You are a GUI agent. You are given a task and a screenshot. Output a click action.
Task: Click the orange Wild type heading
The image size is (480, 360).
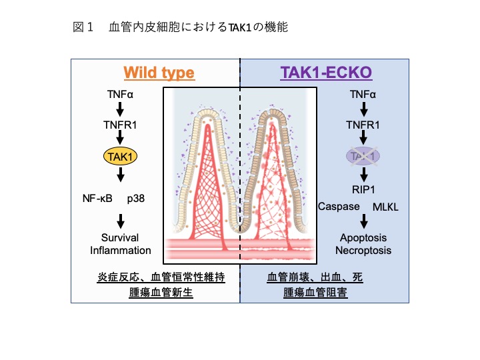coord(159,72)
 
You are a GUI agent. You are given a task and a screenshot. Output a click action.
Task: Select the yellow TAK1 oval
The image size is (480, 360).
coord(120,157)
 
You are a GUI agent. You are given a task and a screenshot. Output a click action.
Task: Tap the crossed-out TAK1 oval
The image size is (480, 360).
coord(363,157)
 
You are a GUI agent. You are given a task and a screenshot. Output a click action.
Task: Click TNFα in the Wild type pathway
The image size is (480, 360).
coord(120,94)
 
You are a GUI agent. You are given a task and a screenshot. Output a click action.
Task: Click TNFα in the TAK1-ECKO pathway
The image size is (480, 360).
coord(363,94)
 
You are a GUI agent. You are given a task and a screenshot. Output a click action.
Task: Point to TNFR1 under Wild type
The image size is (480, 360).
coord(120,125)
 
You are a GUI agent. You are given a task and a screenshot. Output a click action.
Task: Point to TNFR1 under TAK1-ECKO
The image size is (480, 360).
coord(363,125)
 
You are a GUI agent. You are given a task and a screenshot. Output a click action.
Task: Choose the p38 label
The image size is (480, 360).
coord(145,199)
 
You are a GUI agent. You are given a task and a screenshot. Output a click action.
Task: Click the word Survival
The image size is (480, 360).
coord(120,238)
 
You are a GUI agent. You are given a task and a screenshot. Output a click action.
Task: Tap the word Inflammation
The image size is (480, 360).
coord(120,251)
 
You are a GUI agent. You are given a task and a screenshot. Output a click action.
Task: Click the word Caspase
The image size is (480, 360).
coord(339,206)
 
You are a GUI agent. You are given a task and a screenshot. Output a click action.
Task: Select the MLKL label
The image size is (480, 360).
coord(385,207)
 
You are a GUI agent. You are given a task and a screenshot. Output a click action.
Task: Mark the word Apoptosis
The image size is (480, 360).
coord(363,238)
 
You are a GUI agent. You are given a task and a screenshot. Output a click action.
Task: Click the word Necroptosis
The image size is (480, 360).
coord(363,251)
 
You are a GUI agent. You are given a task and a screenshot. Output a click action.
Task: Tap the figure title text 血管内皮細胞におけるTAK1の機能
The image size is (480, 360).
coord(198,27)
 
